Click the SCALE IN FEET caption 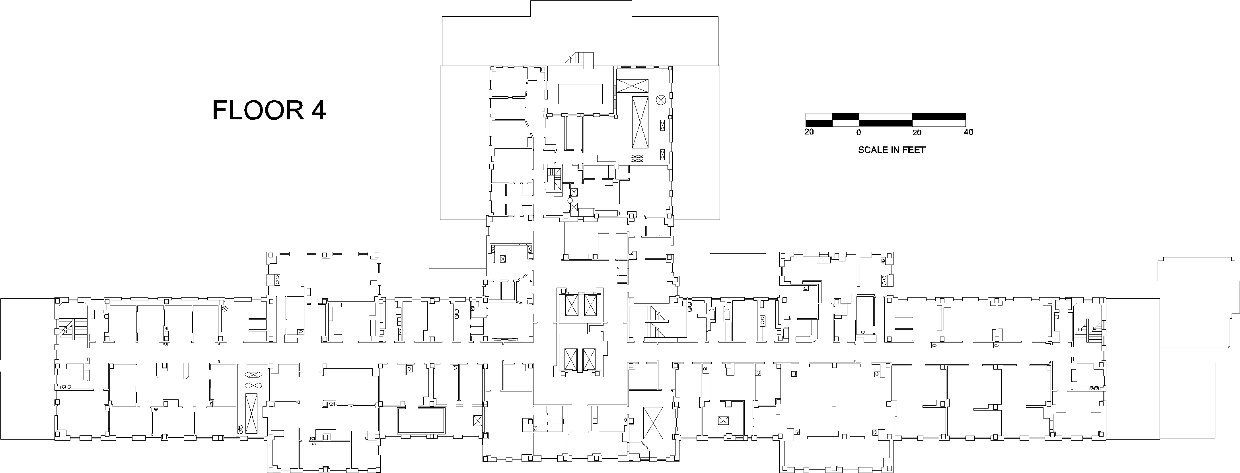point(892,150)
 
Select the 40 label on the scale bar point(967,132)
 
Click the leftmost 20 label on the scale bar point(809,132)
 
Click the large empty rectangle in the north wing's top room point(580,94)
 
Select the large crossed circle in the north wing point(660,100)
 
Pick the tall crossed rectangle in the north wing point(640,122)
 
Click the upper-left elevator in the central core point(572,305)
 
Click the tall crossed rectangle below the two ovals point(251,413)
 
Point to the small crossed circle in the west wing point(224,308)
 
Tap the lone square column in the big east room point(834,404)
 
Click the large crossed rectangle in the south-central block point(653,423)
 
